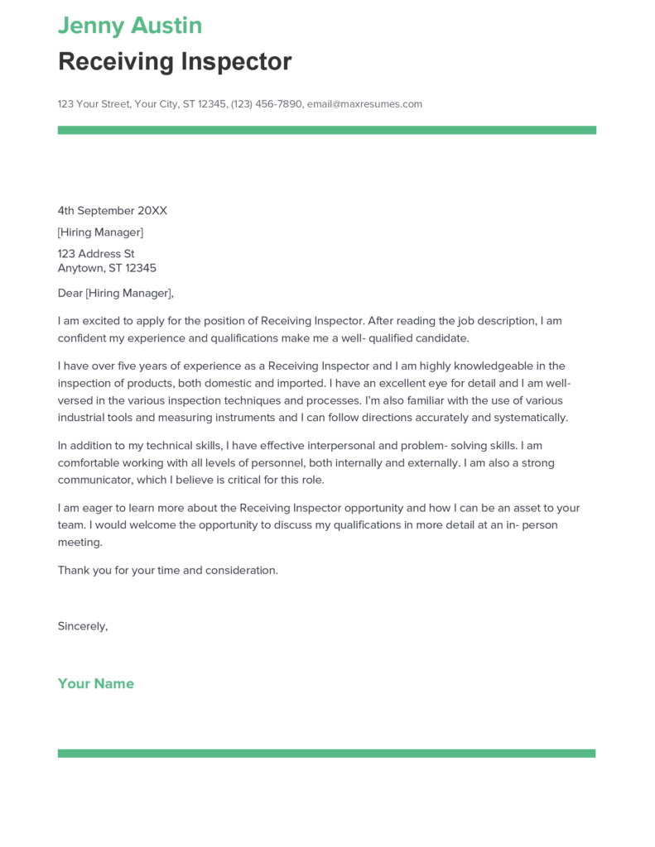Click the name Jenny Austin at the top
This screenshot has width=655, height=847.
click(129, 26)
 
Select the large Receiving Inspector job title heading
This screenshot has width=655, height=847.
click(175, 61)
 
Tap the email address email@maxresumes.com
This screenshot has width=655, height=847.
click(364, 104)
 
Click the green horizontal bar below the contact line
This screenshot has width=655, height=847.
click(326, 130)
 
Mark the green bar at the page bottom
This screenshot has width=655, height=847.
click(326, 754)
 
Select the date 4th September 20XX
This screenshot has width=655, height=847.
click(112, 211)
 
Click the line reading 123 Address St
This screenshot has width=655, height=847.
click(96, 254)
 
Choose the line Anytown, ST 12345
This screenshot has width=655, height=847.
click(107, 268)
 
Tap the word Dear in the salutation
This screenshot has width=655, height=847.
click(70, 293)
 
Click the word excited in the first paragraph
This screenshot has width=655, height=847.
click(105, 321)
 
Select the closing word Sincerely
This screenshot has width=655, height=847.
click(82, 626)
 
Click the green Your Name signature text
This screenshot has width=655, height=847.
click(96, 683)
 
